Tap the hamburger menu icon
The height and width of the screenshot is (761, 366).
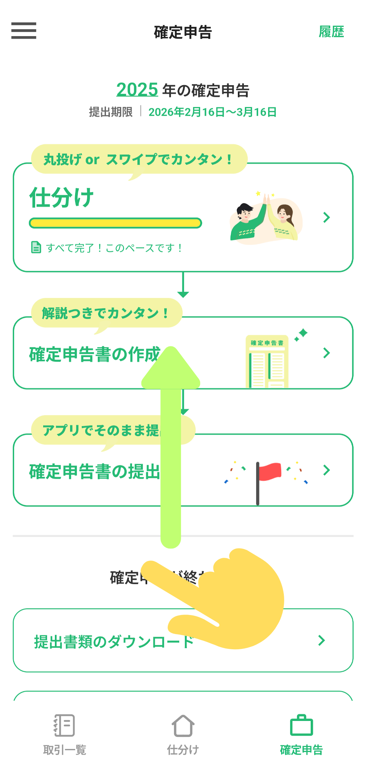point(24,31)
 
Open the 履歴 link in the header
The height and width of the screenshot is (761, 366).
point(331,32)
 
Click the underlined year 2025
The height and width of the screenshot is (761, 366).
point(137,90)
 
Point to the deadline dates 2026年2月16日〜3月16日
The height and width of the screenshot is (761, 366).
point(212,112)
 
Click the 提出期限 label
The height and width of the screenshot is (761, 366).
point(111,112)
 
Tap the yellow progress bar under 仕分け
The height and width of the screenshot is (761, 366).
point(115,223)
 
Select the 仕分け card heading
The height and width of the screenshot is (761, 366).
point(62,198)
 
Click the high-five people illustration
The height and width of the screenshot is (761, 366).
point(266,219)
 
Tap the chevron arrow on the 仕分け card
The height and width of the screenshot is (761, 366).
point(327,218)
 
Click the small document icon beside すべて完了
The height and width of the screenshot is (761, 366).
point(36,247)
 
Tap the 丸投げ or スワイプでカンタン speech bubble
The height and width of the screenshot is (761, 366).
point(139,159)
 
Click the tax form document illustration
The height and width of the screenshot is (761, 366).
point(267,361)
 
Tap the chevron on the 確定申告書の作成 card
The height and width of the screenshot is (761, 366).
point(327,353)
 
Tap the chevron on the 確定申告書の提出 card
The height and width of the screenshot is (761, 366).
point(327,470)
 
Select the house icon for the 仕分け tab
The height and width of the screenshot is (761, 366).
point(183,726)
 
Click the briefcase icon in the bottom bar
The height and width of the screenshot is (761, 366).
point(301,726)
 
